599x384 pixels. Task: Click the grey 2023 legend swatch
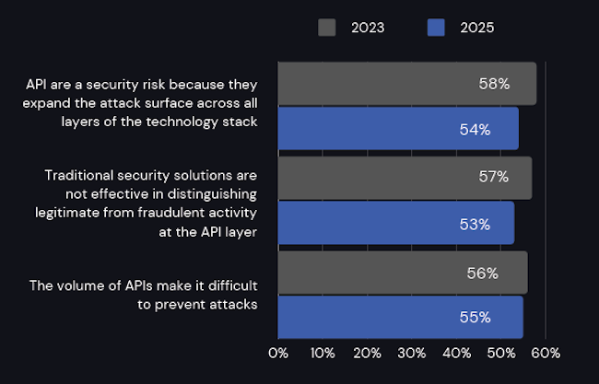(x=327, y=28)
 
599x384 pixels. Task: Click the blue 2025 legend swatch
(x=437, y=28)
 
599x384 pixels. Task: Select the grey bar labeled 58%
(x=406, y=84)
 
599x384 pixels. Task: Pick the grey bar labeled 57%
(x=405, y=178)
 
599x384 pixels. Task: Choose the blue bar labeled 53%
(x=395, y=223)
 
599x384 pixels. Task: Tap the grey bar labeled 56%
(x=403, y=273)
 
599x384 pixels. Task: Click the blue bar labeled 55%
(x=400, y=318)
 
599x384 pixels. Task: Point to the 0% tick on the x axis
(x=277, y=353)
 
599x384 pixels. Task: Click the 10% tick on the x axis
(x=323, y=353)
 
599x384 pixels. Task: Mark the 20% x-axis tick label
(x=367, y=353)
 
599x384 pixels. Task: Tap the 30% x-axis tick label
(x=412, y=353)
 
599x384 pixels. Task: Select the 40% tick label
(x=456, y=353)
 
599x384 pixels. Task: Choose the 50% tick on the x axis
(x=501, y=353)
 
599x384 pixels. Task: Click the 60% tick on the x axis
(x=546, y=353)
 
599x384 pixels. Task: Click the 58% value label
(x=494, y=84)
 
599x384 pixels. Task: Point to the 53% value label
(x=475, y=223)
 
